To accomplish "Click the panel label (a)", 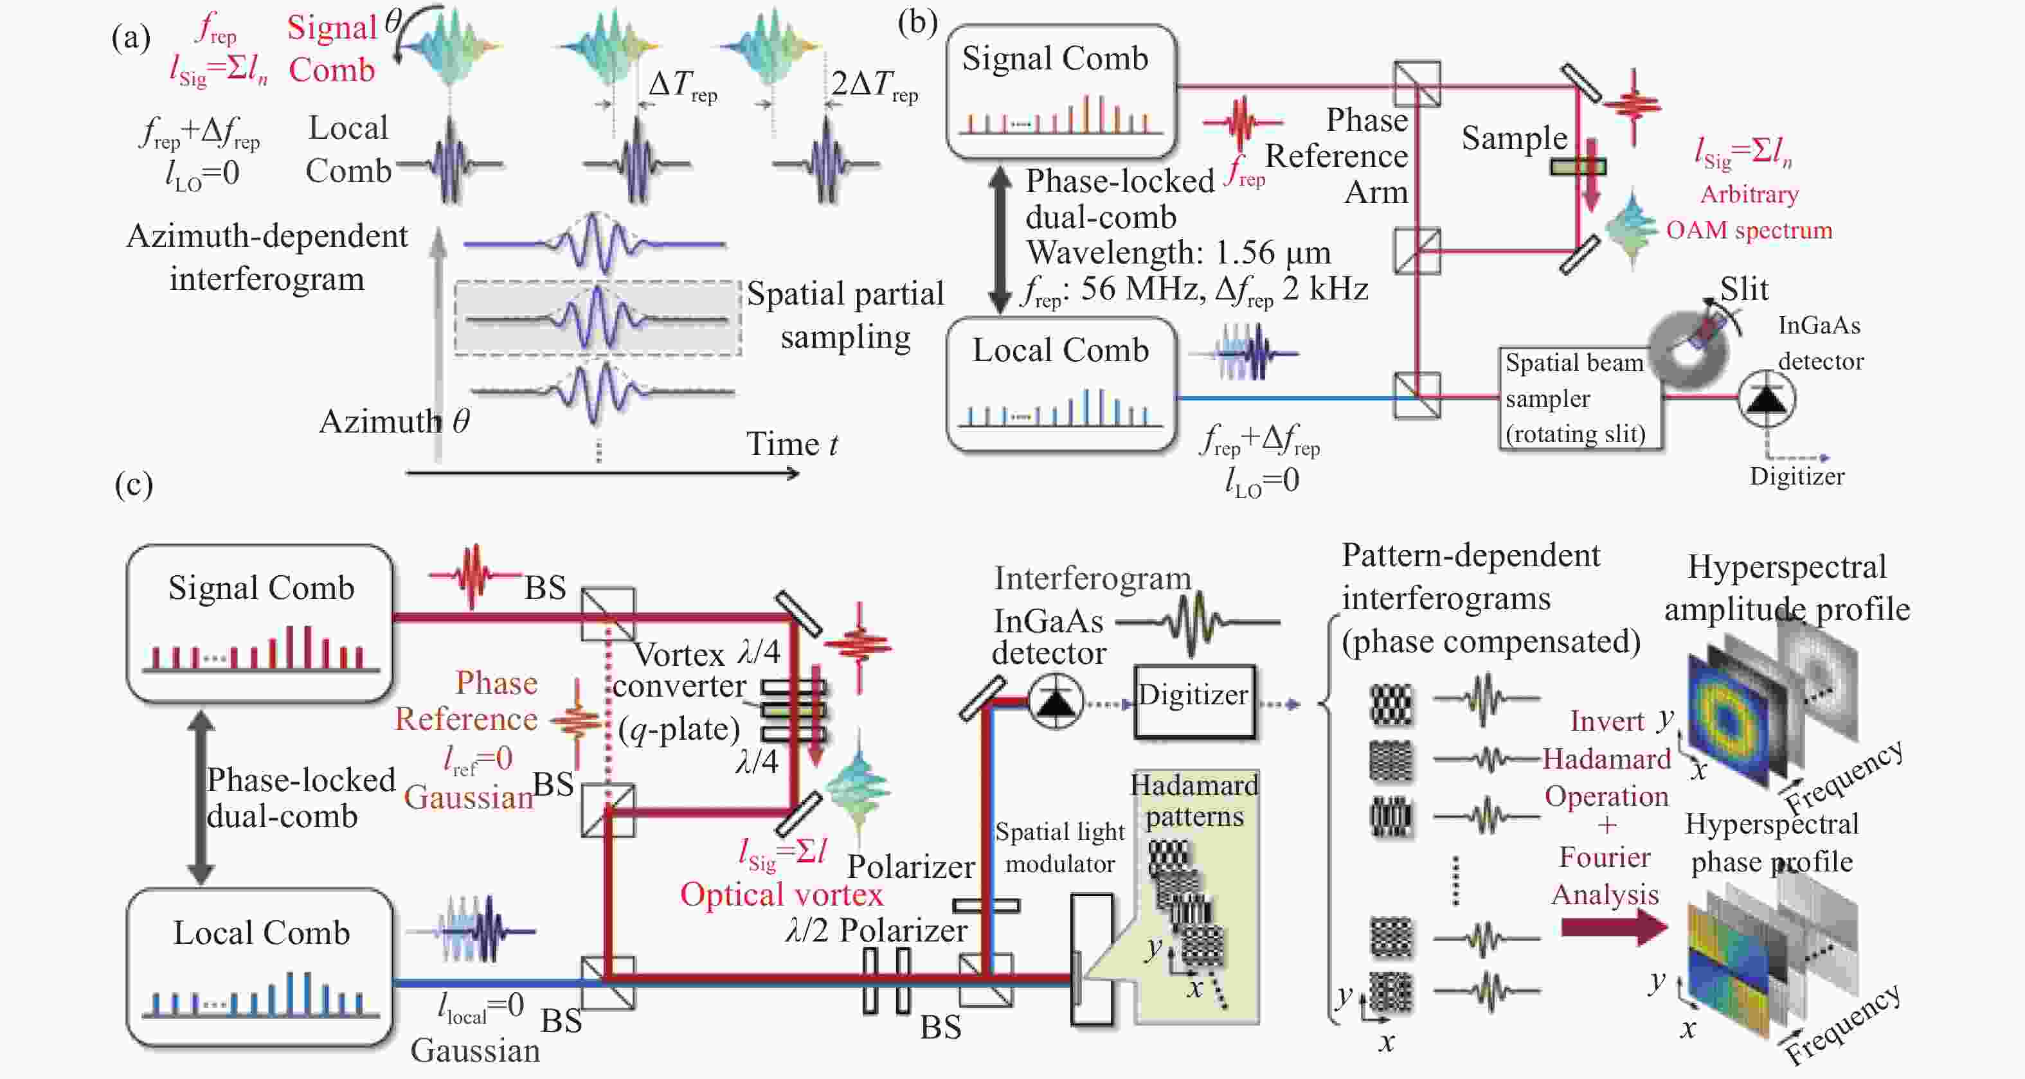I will coord(130,37).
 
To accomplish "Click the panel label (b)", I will coord(917,22).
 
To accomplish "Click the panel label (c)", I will coord(134,484).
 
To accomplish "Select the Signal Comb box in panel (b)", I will coord(1061,91).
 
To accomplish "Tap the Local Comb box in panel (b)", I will coord(1061,384).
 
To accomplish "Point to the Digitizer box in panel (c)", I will coord(1193,701).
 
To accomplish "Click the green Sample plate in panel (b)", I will coord(1577,166).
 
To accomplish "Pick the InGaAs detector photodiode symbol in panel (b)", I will coord(1765,399).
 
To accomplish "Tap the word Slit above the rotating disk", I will coord(1743,290).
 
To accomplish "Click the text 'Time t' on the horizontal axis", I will coord(791,445).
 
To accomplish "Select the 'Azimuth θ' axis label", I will coord(393,422).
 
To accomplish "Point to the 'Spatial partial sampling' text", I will coord(845,315).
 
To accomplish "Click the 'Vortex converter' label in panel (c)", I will coord(678,670).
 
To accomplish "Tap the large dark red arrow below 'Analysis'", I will coord(1613,927).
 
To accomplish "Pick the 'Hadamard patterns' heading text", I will coord(1194,800).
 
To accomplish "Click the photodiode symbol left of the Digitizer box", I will coord(1056,701).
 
